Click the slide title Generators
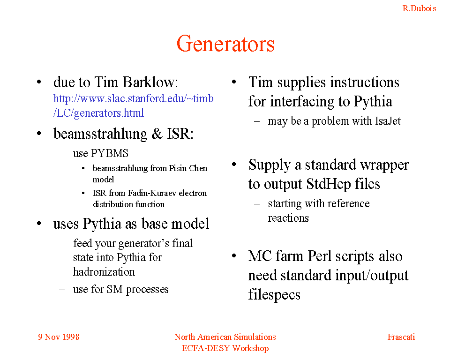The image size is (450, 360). [225, 44]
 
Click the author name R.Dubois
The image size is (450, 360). [419, 8]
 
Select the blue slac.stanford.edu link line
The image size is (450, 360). [134, 98]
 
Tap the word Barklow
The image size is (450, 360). [150, 82]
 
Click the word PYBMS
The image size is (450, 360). [109, 153]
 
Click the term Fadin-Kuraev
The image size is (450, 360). [152, 193]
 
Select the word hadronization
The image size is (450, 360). [104, 272]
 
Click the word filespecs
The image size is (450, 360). [274, 294]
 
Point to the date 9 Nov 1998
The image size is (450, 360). [59, 337]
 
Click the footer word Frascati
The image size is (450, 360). [401, 337]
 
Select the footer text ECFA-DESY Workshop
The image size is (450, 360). [225, 348]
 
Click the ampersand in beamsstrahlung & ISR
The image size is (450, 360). [157, 134]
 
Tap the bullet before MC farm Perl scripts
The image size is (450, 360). [234, 255]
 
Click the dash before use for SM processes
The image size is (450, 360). [62, 289]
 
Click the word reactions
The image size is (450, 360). [288, 218]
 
